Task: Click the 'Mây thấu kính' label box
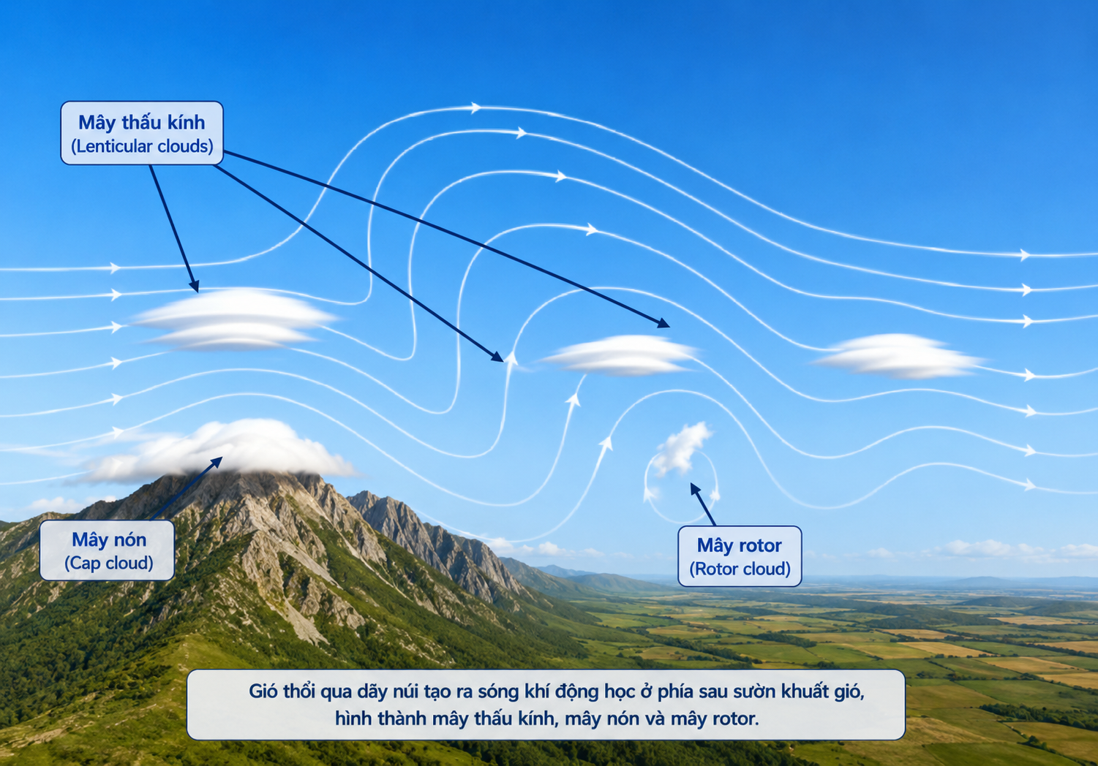[x=142, y=133]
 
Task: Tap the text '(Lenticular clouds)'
[x=142, y=146]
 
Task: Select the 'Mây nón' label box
[x=107, y=550]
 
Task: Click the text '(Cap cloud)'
[x=109, y=563]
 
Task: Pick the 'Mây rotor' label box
[x=740, y=556]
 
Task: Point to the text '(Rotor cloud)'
[x=740, y=569]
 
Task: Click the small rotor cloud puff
[x=681, y=449]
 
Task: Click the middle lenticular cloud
[x=620, y=355]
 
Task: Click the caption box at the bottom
[x=546, y=705]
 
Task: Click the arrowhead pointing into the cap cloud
[x=217, y=461]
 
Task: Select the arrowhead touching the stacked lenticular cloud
[x=195, y=287]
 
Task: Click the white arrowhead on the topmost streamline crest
[x=476, y=107]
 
